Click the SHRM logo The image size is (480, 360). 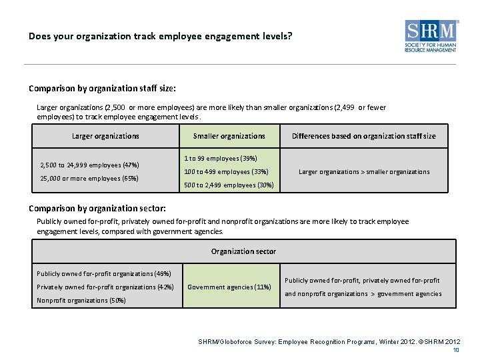[x=432, y=36]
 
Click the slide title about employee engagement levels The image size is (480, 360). [x=160, y=36]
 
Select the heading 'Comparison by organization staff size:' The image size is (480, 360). [x=102, y=88]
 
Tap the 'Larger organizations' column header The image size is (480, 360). [x=105, y=136]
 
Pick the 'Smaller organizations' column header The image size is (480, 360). [x=229, y=136]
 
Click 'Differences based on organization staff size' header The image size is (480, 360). [x=363, y=136]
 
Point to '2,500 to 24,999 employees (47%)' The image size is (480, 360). [x=89, y=165]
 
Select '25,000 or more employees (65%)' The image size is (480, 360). [x=89, y=178]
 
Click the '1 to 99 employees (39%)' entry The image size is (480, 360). [x=220, y=158]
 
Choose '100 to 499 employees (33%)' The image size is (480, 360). [x=226, y=171]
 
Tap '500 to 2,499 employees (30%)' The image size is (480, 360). [x=228, y=185]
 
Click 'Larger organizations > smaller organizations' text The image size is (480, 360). [x=364, y=171]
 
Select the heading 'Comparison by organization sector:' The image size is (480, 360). [x=97, y=207]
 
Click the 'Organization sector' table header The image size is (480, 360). [x=243, y=251]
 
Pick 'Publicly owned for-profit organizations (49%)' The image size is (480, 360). [x=103, y=273]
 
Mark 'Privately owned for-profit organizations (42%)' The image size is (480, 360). [x=105, y=287]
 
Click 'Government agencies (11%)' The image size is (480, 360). [x=229, y=287]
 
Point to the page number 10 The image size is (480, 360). [x=456, y=350]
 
